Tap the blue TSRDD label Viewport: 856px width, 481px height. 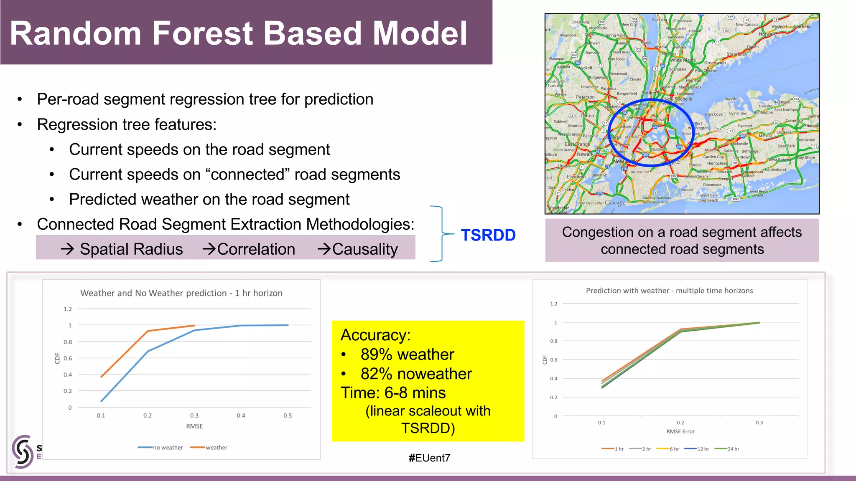click(x=488, y=235)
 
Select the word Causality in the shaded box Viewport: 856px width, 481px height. click(x=364, y=249)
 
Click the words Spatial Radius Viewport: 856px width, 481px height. click(x=131, y=249)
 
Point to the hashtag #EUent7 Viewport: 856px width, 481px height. click(x=429, y=458)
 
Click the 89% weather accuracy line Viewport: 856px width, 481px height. click(x=407, y=354)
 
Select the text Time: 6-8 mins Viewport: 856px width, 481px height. click(x=393, y=393)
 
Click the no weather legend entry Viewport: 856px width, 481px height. click(x=160, y=448)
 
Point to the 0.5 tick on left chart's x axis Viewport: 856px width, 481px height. click(x=288, y=415)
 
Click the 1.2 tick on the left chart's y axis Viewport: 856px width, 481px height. click(x=68, y=309)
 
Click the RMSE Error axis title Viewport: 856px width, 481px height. click(x=680, y=431)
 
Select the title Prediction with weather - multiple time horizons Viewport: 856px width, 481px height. click(x=669, y=291)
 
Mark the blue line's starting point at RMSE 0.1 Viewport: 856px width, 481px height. click(x=102, y=401)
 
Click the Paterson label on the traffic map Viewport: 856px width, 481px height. click(x=585, y=97)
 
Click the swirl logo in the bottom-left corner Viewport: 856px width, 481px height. click(x=22, y=451)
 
